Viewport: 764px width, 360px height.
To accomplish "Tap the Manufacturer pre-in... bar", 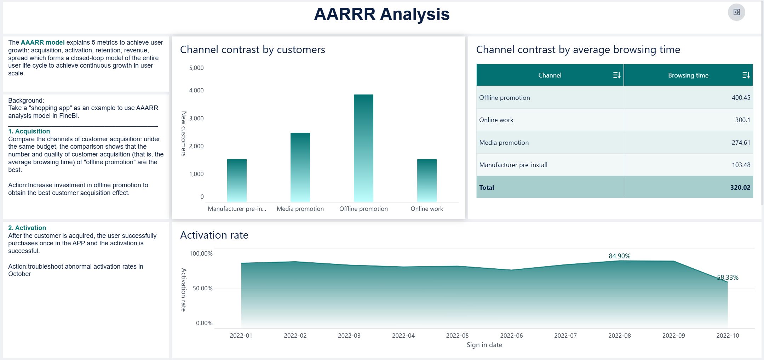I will point(237,180).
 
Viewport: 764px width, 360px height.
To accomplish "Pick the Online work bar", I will point(427,180).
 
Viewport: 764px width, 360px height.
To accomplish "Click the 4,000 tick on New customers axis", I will point(196,91).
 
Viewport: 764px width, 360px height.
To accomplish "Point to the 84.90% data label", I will point(619,256).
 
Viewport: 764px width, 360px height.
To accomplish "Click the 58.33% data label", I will point(728,278).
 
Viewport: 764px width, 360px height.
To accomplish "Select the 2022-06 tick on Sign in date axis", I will point(511,336).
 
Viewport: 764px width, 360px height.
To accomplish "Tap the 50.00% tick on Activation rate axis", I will point(202,288).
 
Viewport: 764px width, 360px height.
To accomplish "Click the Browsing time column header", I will point(688,75).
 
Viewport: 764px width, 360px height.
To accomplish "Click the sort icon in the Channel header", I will point(616,75).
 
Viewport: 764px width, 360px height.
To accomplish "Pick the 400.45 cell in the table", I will point(741,98).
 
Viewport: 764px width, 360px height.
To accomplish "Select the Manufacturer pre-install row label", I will point(513,165).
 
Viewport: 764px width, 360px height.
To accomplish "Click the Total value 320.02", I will point(740,188).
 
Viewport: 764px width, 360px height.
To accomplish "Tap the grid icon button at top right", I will point(736,12).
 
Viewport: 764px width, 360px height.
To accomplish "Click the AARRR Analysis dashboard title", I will point(381,15).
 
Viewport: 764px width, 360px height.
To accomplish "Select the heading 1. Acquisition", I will point(29,131).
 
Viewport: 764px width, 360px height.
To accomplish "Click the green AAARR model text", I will point(42,42).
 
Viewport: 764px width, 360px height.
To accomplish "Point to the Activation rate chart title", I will point(214,235).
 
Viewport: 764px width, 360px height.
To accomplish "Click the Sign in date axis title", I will point(484,345).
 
